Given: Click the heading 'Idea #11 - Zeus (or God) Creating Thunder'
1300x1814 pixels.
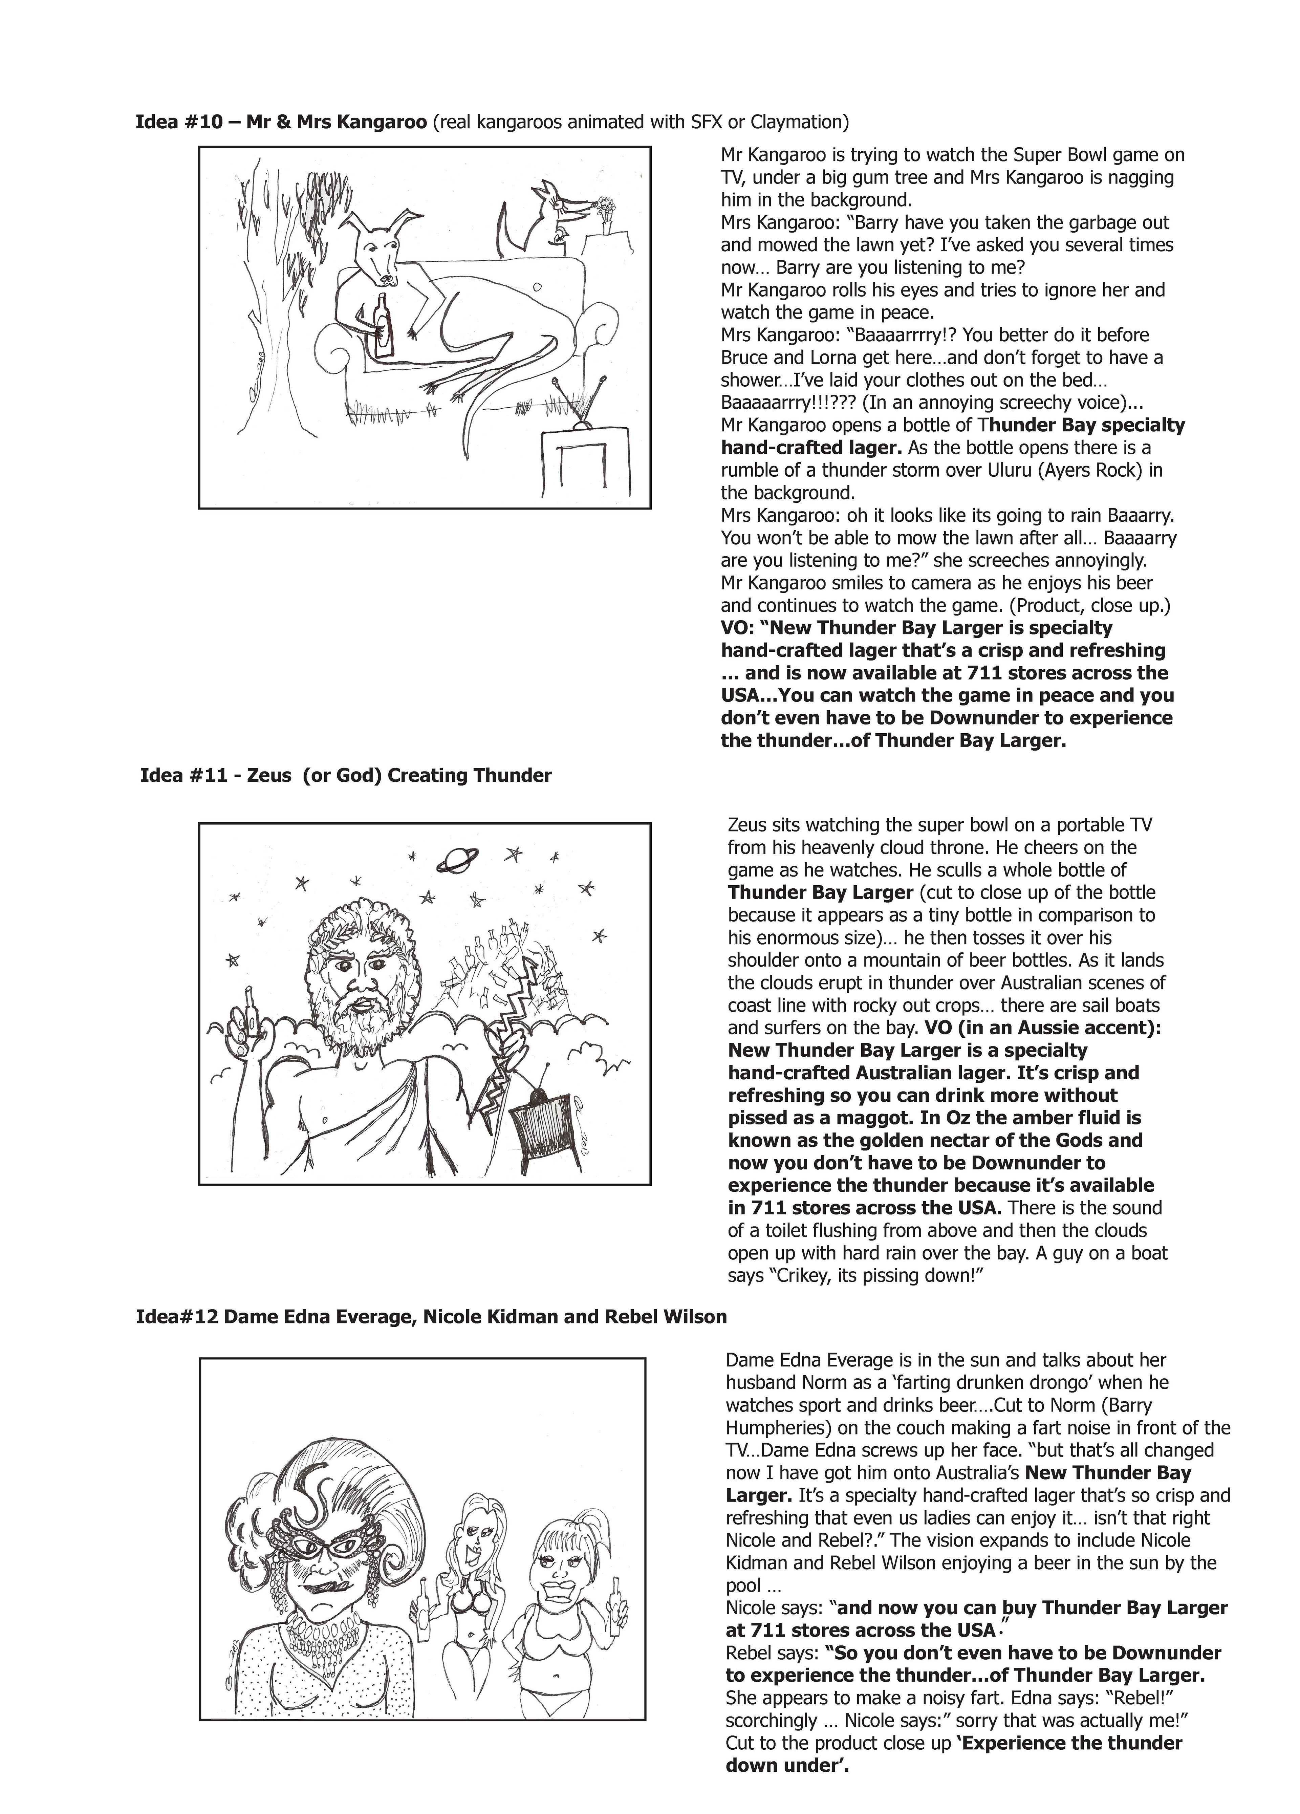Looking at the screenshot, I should tap(346, 775).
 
